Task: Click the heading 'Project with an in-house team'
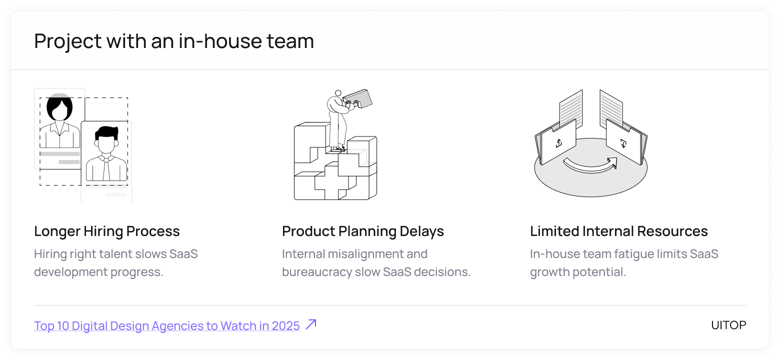point(174,41)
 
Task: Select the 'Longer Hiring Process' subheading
point(107,231)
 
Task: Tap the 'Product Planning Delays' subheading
point(363,231)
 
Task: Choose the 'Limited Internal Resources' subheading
point(619,231)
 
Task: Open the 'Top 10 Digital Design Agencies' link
point(167,326)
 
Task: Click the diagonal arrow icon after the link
point(311,324)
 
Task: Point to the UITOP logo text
point(728,325)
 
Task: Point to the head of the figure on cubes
point(338,93)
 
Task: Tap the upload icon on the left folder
point(558,143)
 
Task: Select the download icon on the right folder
point(623,143)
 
